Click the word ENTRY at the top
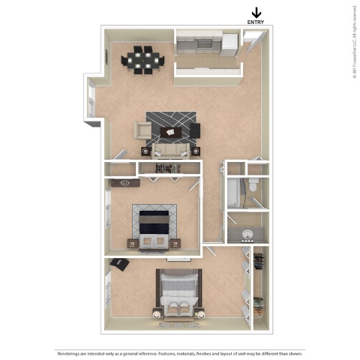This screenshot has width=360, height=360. click(x=256, y=22)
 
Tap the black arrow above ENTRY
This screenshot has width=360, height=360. click(x=256, y=11)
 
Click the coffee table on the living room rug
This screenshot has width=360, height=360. click(x=170, y=132)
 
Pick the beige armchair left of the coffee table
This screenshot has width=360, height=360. click(x=142, y=132)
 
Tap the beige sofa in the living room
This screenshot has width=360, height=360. click(x=170, y=150)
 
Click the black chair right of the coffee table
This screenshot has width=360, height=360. click(x=195, y=132)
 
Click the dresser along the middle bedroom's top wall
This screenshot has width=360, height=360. click(x=124, y=182)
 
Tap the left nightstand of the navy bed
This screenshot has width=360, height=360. click(x=132, y=241)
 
